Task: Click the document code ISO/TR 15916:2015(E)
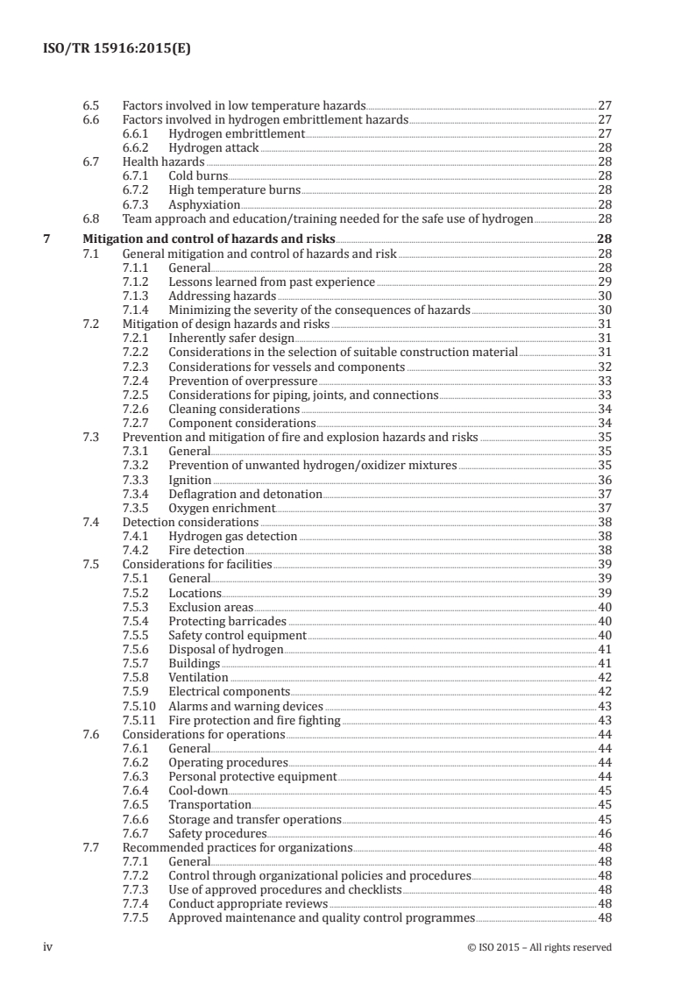pos(117,50)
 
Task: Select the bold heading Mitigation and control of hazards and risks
pos(208,239)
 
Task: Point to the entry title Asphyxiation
pos(204,204)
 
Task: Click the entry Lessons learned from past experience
pos(272,282)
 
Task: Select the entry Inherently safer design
pos(231,338)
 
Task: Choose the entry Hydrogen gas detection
pos(233,536)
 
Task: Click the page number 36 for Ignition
pos(604,480)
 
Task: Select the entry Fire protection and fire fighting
pos(254,720)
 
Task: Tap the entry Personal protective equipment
pos(252,776)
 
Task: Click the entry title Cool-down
pos(198,790)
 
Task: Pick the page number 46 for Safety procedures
pos(604,833)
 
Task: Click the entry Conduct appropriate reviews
pos(248,903)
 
